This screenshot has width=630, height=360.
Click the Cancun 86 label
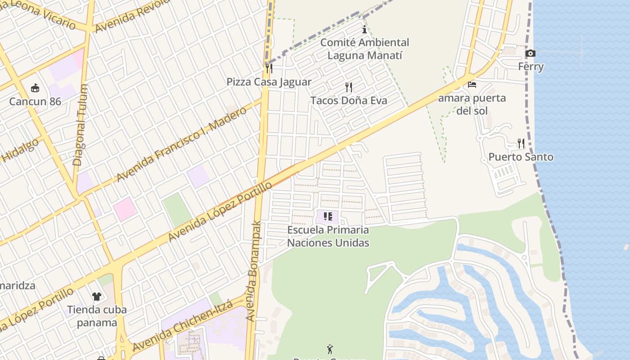[35, 101]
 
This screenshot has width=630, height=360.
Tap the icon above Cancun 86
[35, 88]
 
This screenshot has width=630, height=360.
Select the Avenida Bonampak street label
[253, 270]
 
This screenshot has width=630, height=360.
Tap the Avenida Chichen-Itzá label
[182, 326]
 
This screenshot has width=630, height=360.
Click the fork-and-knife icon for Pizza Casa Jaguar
[269, 68]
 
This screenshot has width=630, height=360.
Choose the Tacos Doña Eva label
[349, 100]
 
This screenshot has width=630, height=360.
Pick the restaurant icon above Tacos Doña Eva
[349, 87]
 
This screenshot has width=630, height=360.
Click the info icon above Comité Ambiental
[364, 30]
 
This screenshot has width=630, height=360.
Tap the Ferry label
[531, 67]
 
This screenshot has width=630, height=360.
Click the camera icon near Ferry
[531, 54]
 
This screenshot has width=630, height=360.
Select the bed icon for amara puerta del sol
[472, 84]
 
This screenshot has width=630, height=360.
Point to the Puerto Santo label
[521, 157]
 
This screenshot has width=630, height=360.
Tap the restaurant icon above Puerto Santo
[521, 144]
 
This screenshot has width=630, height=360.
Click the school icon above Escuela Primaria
[328, 216]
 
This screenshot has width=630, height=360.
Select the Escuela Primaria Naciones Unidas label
[328, 236]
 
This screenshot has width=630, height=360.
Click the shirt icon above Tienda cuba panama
[97, 296]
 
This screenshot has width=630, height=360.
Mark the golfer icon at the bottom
[330, 349]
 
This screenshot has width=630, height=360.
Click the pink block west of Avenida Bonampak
[125, 209]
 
